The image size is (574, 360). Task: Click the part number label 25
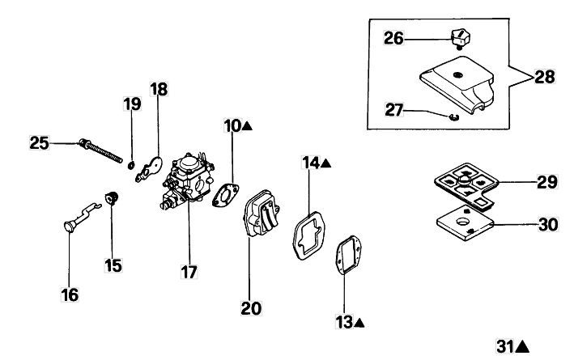(39, 143)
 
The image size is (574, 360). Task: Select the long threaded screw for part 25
(100, 150)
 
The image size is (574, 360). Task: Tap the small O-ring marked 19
(130, 165)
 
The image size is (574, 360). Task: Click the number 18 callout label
(159, 89)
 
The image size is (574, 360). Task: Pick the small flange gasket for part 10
(226, 195)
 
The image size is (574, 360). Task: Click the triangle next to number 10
(248, 126)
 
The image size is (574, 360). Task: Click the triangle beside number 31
(522, 346)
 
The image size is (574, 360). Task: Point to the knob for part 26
(460, 38)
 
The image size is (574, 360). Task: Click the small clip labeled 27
(454, 117)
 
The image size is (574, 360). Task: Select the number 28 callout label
(545, 77)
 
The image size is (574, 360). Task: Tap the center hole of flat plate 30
(462, 222)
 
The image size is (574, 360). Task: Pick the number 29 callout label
(547, 182)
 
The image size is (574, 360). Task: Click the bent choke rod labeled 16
(83, 218)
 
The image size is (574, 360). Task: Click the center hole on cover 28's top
(457, 75)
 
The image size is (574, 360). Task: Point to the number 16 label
(70, 294)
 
